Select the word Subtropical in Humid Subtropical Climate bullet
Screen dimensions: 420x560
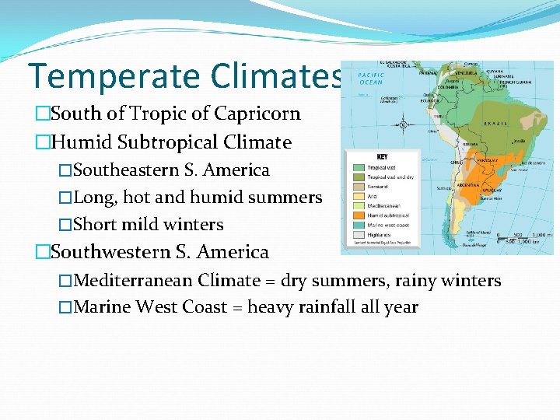169,142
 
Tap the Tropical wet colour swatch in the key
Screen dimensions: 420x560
358,167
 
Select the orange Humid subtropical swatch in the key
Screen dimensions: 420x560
358,215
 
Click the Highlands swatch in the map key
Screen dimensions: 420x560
358,234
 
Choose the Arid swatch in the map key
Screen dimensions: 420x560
358,196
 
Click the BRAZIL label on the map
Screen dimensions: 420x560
495,123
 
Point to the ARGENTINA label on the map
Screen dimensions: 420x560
468,187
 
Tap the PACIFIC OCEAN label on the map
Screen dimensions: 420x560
370,79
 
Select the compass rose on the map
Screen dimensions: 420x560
403,124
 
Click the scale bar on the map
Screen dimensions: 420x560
525,237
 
